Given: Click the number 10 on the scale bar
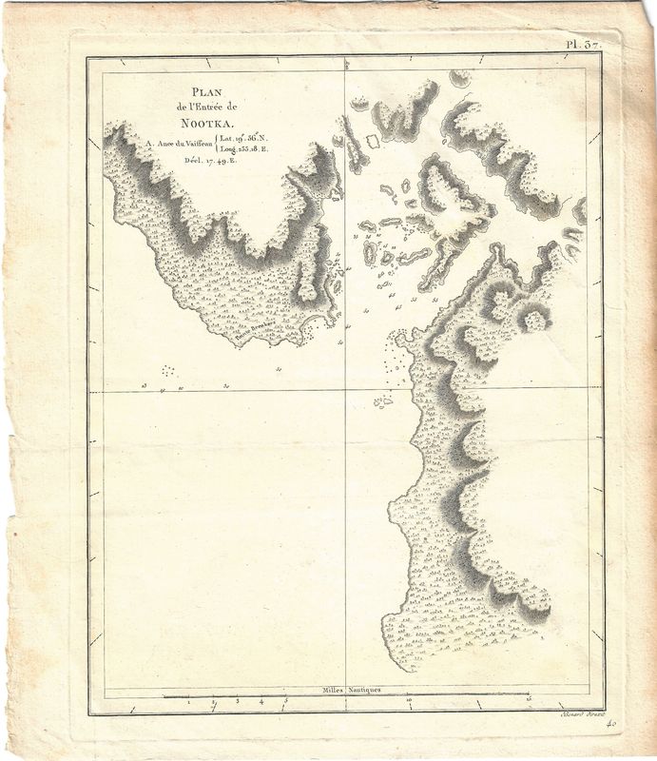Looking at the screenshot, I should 408,702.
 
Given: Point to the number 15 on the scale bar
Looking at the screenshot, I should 528,702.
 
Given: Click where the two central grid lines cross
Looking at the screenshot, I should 343,390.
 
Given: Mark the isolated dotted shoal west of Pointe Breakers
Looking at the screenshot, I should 168,370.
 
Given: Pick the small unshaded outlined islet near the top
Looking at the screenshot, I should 373,140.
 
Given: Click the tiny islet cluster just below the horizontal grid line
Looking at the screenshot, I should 383,402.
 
